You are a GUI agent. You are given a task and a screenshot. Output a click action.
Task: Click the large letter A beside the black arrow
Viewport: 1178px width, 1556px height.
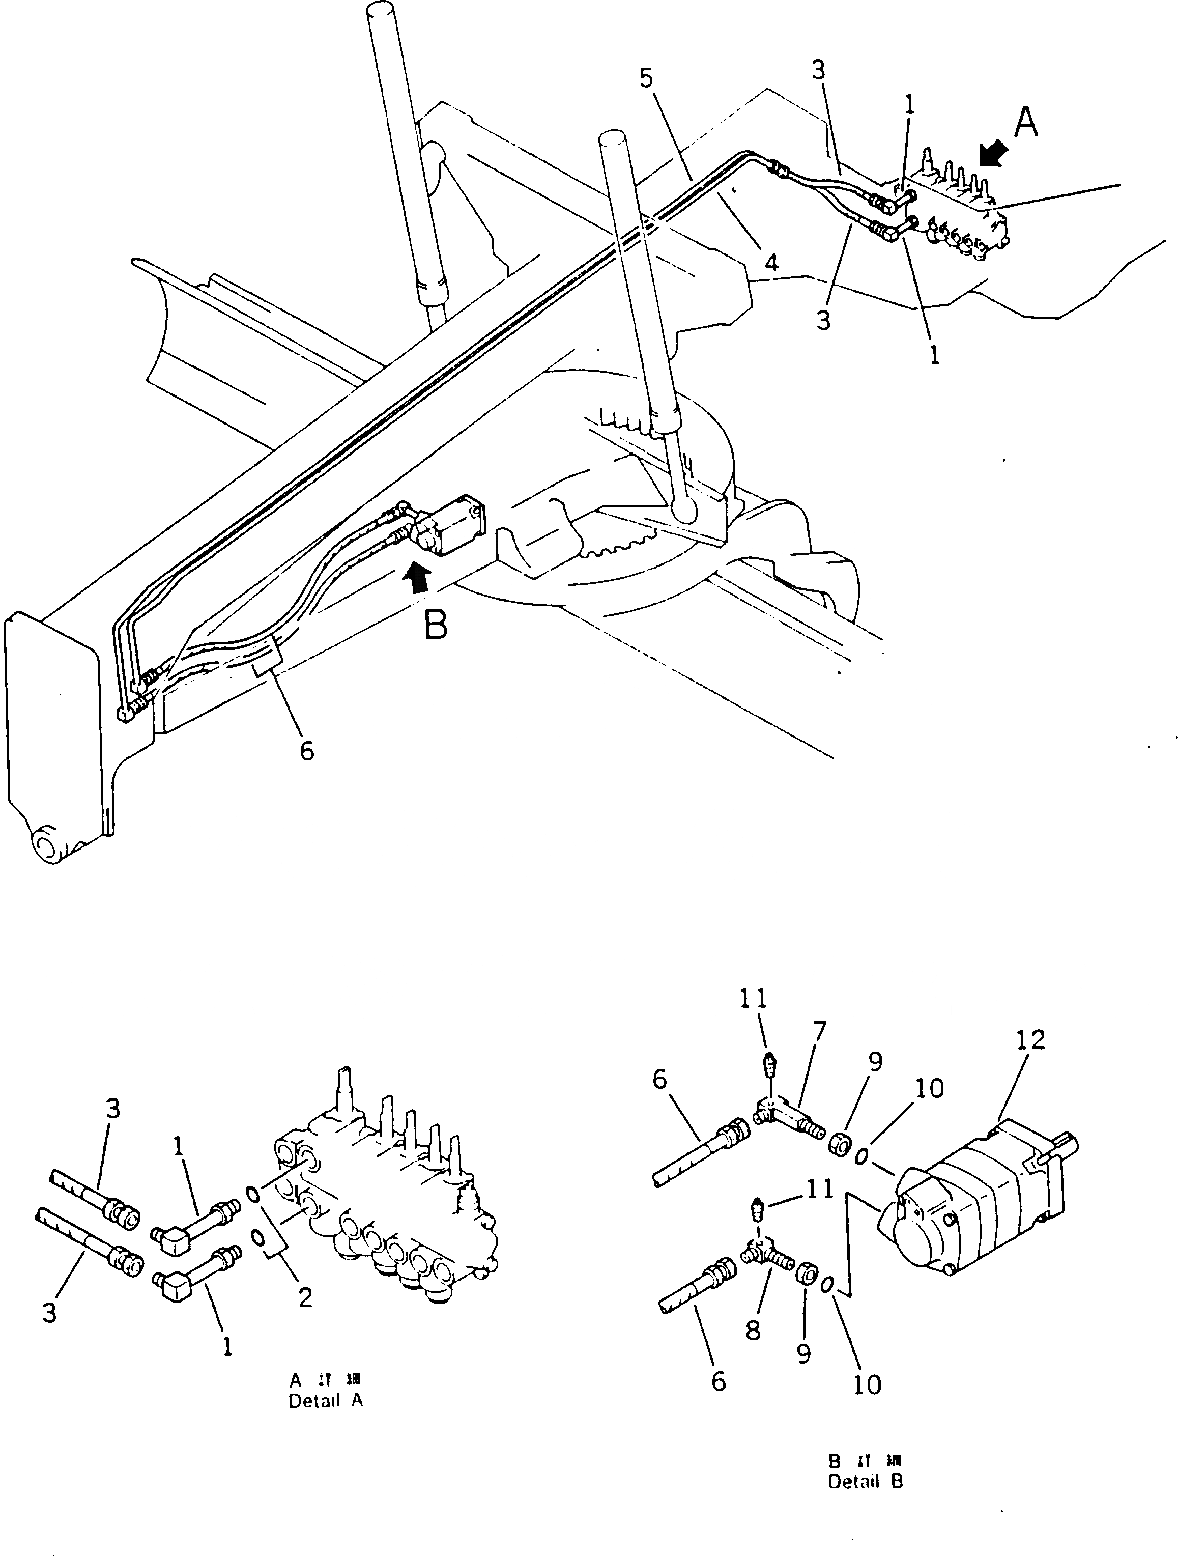tap(1026, 124)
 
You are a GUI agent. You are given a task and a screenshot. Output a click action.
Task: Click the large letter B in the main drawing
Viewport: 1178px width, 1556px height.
tap(436, 625)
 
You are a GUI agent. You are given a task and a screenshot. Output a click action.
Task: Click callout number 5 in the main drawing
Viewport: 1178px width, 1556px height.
tap(646, 78)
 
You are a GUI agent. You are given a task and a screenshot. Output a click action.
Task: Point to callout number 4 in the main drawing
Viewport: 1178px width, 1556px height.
tap(771, 263)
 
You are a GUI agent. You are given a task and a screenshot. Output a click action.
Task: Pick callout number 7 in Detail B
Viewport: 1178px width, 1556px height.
tap(819, 1032)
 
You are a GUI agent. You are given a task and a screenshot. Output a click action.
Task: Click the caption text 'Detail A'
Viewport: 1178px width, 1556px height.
tap(326, 1401)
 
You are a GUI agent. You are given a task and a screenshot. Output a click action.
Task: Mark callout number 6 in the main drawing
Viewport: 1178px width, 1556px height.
tap(307, 751)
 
